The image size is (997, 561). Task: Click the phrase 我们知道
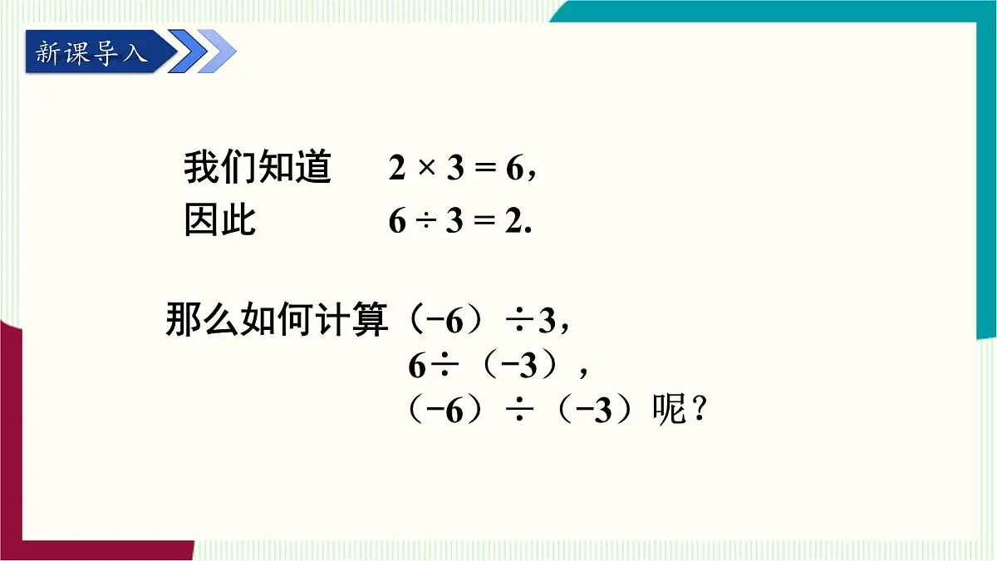(x=258, y=169)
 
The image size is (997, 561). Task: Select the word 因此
(x=220, y=221)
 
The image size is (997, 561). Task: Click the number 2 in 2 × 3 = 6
(x=397, y=170)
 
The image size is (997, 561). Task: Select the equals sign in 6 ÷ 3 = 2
(x=484, y=222)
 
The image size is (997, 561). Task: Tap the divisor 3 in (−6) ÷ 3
(x=546, y=322)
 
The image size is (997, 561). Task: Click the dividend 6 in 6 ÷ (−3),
(x=417, y=366)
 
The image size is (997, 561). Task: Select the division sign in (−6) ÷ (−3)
(x=521, y=411)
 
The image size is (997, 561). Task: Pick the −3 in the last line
(x=597, y=411)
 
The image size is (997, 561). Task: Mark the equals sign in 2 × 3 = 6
(x=484, y=170)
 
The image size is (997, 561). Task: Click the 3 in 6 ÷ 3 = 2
(x=454, y=222)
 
